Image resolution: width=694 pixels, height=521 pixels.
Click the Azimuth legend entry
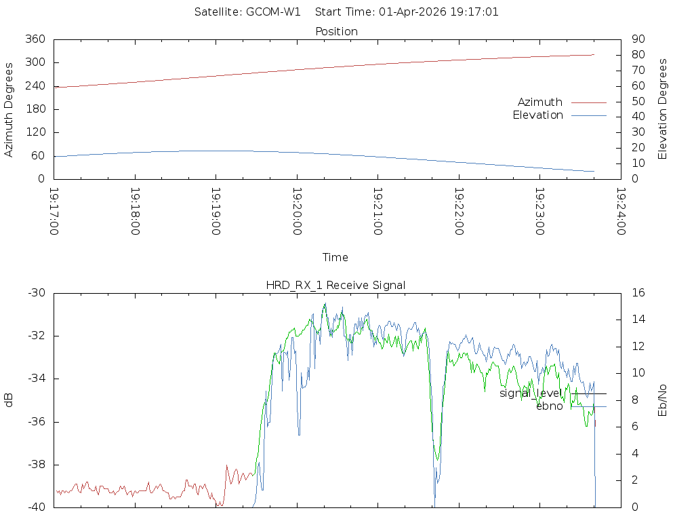coord(540,102)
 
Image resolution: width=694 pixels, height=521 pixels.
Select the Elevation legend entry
coord(537,115)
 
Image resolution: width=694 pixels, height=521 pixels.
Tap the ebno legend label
coord(549,406)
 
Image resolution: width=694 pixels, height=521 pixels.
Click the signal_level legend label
coord(531,393)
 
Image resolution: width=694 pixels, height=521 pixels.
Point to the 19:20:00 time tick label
coord(297,212)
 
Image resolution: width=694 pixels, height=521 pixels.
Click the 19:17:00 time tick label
coord(54,212)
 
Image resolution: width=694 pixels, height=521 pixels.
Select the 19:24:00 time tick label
coord(620,212)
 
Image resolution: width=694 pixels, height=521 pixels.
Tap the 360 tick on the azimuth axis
coord(35,39)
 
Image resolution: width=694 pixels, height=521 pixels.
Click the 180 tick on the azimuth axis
coord(35,109)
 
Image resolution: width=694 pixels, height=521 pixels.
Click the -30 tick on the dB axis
coord(36,293)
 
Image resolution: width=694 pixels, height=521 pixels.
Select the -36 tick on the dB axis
coord(36,422)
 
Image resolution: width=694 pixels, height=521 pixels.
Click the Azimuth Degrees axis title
coord(9,109)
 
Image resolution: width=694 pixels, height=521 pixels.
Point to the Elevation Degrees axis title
coord(663,109)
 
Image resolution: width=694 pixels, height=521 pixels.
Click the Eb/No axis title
coord(663,400)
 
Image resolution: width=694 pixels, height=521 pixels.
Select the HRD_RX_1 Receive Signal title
coord(335,286)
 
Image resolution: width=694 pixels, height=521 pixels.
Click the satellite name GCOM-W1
coord(273,12)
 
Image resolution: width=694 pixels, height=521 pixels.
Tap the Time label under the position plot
coord(335,258)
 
